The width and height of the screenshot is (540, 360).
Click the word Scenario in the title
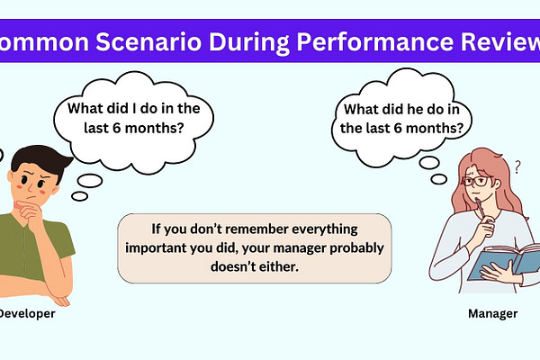click(x=148, y=41)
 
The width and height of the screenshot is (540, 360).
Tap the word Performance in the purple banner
click(x=375, y=42)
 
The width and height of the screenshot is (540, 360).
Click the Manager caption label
click(x=493, y=314)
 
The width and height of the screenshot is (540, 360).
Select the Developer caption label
click(x=27, y=314)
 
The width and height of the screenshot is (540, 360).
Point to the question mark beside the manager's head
click(x=517, y=167)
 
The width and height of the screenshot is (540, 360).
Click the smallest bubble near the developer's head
click(x=79, y=196)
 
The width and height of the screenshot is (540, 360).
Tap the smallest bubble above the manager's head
click(x=439, y=179)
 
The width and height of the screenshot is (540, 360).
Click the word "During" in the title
click(x=249, y=42)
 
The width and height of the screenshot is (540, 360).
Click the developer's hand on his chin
click(x=30, y=212)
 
